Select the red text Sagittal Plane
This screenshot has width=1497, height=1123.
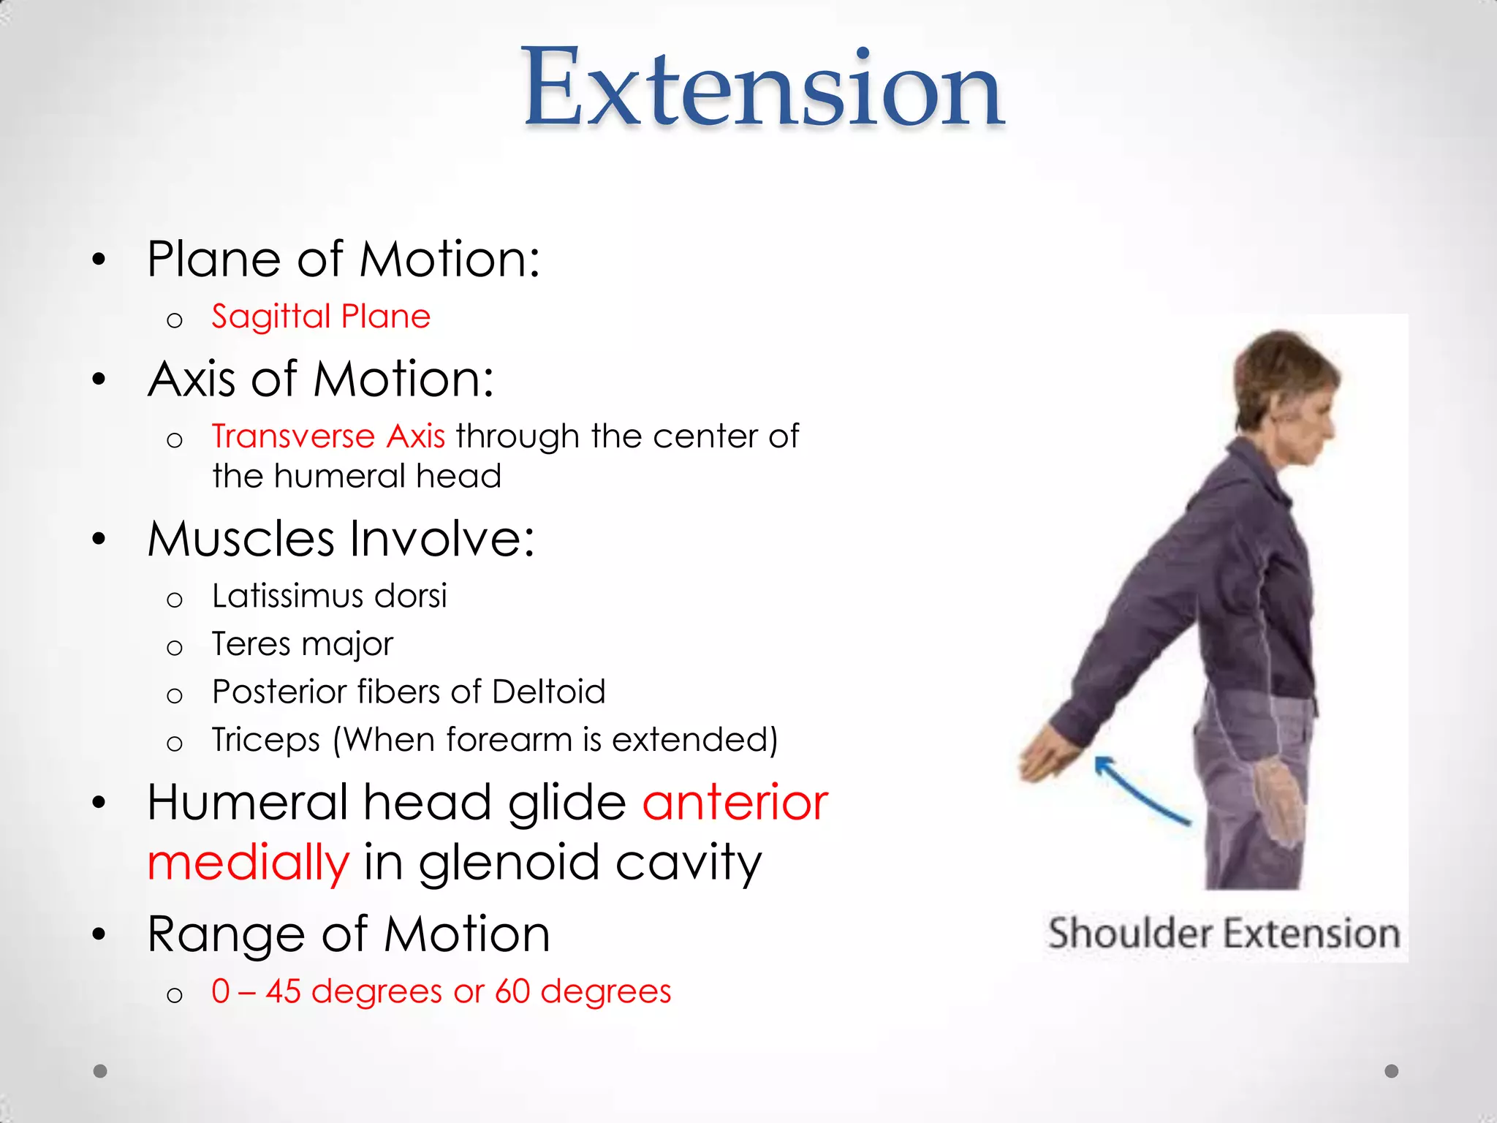(x=320, y=317)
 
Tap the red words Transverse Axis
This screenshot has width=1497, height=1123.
(x=328, y=436)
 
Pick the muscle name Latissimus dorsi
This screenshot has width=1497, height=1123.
(x=329, y=596)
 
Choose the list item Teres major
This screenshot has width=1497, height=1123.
(x=302, y=644)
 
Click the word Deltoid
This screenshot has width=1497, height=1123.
(x=548, y=692)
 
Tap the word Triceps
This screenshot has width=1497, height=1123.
(x=265, y=740)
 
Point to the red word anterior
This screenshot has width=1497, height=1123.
(x=735, y=803)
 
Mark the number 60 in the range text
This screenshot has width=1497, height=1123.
(x=512, y=992)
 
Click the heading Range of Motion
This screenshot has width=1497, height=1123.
(x=348, y=934)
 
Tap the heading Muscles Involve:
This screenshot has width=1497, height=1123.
(x=341, y=539)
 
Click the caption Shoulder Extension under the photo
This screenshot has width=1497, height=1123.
(x=1224, y=934)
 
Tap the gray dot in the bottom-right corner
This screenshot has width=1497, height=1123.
(x=1391, y=1071)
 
